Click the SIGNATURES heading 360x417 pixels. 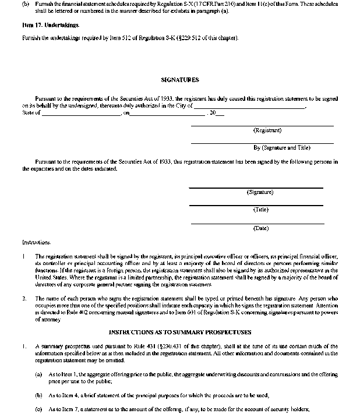point(179,79)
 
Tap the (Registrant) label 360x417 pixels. point(267,130)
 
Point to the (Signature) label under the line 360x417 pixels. point(260,192)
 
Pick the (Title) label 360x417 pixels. point(260,210)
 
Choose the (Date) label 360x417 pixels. point(260,228)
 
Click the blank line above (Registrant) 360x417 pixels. point(262,125)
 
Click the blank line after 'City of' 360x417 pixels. point(249,108)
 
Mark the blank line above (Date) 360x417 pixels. point(257,223)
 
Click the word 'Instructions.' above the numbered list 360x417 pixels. point(37,242)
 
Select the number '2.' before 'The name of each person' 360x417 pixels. point(24,299)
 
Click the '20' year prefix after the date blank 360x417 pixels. point(213,113)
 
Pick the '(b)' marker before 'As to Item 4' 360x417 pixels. point(38,395)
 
